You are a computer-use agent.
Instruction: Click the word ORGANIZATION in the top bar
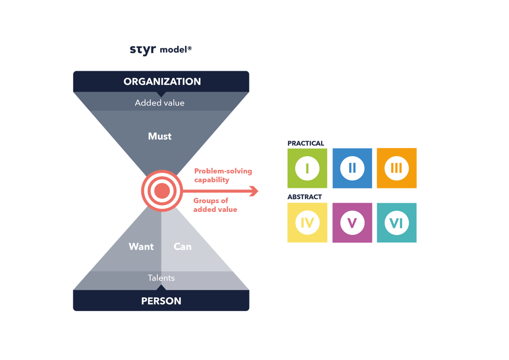click(162, 81)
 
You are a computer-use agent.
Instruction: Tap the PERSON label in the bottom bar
click(161, 301)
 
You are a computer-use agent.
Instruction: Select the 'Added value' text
click(159, 103)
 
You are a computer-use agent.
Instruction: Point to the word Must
click(160, 136)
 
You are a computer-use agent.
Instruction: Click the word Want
click(141, 246)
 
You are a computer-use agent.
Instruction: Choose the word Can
click(182, 246)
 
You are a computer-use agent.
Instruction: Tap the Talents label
click(161, 278)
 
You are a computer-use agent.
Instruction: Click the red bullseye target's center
click(161, 191)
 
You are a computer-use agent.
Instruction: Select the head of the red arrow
click(254, 191)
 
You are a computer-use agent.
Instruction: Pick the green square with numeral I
click(307, 169)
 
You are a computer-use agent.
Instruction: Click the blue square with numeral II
click(352, 169)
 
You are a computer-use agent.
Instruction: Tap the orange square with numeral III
click(397, 169)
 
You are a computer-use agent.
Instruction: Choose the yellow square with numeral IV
click(307, 223)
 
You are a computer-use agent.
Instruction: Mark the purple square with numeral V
click(352, 223)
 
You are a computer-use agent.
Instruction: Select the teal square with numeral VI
click(397, 223)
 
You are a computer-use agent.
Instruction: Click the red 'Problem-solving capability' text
click(223, 176)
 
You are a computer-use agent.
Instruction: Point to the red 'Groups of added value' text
click(215, 205)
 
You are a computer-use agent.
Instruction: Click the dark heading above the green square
click(305, 144)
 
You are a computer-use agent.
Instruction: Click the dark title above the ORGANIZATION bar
click(161, 50)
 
